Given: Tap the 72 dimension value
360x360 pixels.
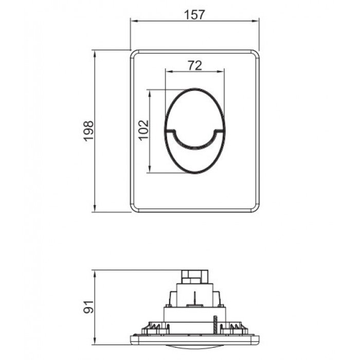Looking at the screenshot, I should coord(194,65).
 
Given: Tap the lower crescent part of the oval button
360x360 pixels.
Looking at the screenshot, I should coord(195,157).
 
